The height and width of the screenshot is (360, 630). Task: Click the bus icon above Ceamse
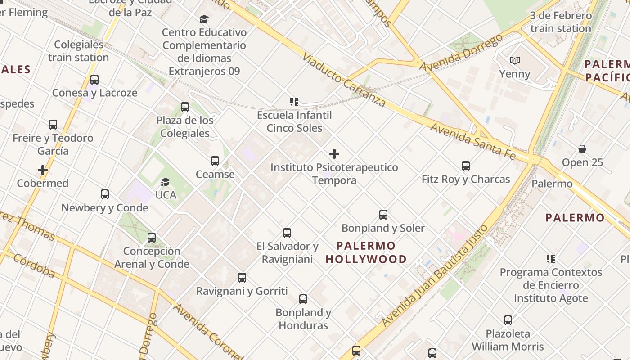tap(215, 161)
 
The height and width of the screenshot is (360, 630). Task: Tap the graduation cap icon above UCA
tap(166, 182)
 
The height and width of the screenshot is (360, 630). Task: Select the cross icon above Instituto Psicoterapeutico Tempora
tap(334, 154)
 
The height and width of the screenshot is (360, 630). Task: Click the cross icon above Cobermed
tap(43, 170)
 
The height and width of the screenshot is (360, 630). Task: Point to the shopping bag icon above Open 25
tap(582, 149)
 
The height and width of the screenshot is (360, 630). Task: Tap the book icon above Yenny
tap(515, 60)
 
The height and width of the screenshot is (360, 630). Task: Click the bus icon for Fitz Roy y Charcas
tap(466, 166)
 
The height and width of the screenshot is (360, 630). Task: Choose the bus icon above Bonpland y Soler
tap(383, 215)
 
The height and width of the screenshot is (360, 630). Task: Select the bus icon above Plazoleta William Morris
tap(508, 320)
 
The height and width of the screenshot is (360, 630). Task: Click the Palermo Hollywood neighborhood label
tap(366, 252)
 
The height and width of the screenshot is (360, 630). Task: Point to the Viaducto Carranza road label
tap(344, 80)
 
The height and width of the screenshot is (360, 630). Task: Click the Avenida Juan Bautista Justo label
tap(434, 275)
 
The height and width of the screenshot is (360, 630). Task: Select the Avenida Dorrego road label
tap(461, 53)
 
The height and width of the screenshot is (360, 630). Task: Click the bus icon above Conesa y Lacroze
tap(94, 80)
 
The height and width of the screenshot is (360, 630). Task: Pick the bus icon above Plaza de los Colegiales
tap(185, 107)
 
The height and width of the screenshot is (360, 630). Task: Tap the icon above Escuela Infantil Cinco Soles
tap(294, 102)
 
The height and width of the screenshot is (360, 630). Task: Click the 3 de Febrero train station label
tap(561, 22)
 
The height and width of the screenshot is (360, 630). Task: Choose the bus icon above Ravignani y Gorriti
tap(242, 278)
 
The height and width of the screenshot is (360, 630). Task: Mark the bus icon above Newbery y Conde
tap(105, 194)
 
